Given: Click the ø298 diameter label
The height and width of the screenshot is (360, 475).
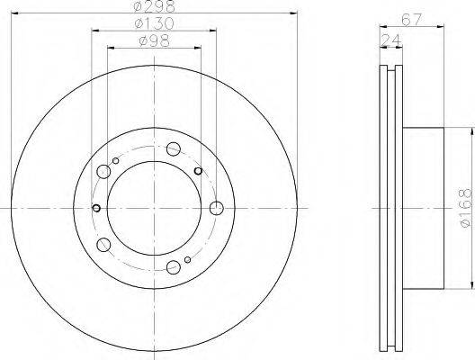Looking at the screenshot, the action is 154,6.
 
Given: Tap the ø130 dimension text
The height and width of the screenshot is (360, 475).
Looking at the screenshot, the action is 154,23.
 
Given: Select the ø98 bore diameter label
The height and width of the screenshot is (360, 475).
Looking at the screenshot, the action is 154,40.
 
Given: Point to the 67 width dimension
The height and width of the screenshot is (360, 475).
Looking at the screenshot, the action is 412,20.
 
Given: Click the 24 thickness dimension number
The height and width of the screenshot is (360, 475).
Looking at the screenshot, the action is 390,40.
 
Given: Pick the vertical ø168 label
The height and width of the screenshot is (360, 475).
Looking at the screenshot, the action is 466,208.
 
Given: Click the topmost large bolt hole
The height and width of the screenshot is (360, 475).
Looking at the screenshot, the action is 174,149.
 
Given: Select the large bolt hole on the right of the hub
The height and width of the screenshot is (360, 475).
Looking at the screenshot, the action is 217,208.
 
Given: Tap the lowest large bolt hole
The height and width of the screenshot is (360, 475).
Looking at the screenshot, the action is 174,267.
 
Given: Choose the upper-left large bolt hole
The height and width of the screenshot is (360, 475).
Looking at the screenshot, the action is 103,172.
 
